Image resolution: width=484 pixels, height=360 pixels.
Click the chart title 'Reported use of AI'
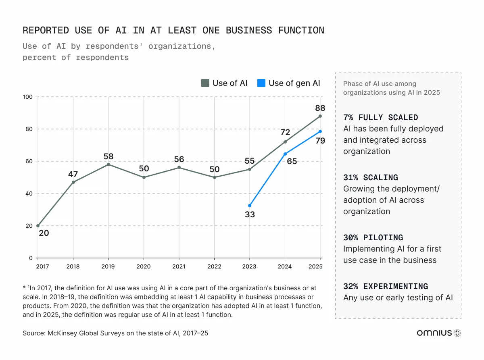(173, 31)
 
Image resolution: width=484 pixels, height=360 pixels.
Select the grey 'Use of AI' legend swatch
(205, 83)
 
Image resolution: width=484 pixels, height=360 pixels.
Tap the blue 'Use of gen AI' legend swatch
(262, 83)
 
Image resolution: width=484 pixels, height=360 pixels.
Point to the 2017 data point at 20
(38, 226)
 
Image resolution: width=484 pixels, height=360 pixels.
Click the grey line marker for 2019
(108, 164)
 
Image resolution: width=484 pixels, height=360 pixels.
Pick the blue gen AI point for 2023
(250, 206)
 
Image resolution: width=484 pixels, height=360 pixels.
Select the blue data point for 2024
(285, 154)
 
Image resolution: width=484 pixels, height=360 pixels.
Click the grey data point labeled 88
(320, 116)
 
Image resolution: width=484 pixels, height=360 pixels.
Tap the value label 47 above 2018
(73, 174)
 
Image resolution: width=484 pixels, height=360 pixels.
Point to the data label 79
(320, 141)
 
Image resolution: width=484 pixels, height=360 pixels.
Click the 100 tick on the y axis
(28, 97)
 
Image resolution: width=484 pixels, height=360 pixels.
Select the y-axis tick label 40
(29, 194)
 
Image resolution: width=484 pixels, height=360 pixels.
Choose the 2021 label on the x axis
(179, 266)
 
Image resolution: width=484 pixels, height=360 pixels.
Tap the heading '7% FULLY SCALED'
(380, 118)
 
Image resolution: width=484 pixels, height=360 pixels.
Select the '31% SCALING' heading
(370, 178)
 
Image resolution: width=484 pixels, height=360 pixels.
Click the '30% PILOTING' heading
(373, 238)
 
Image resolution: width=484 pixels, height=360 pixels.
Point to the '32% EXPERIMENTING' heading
(385, 287)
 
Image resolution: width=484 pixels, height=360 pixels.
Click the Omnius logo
(439, 333)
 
